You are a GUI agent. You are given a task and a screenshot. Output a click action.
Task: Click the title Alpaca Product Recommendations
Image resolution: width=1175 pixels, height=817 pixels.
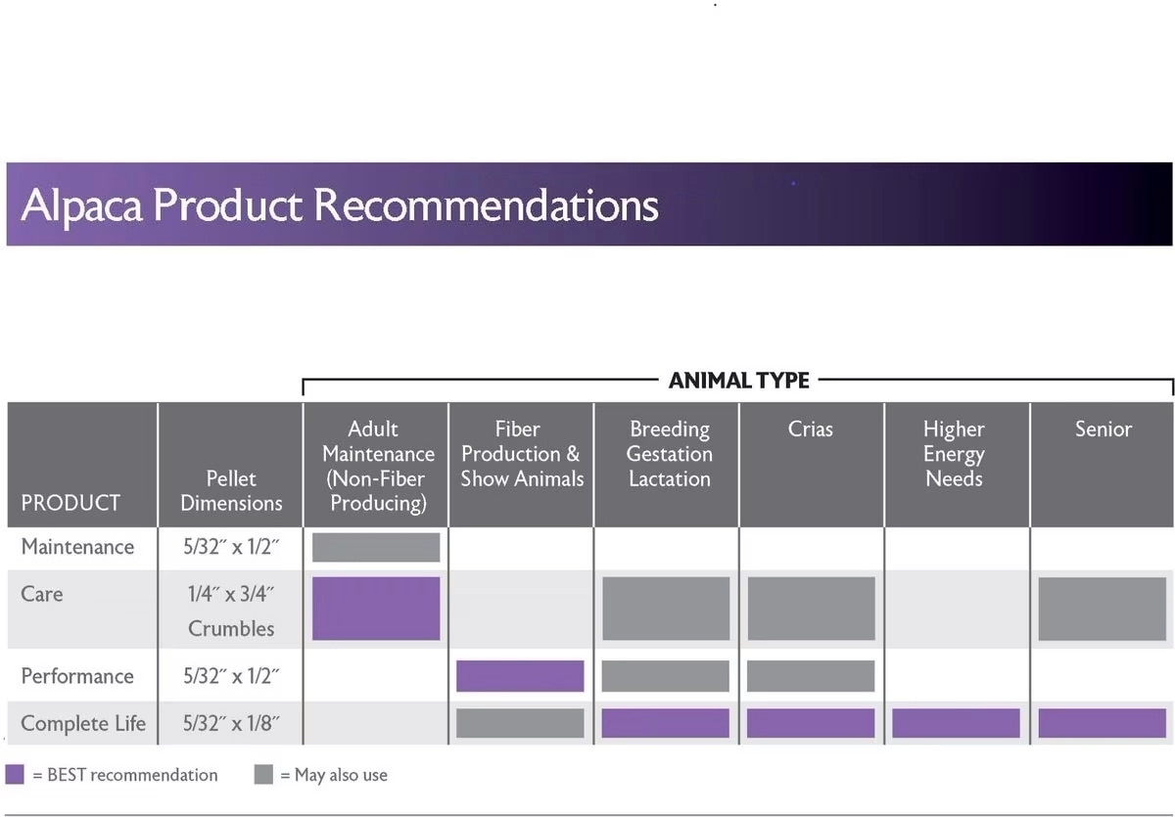click(x=340, y=205)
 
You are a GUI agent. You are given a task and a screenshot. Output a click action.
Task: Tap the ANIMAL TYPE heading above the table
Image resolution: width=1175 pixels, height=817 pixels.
click(x=738, y=381)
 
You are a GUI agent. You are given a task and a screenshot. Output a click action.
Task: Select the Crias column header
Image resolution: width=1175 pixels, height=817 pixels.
click(x=810, y=430)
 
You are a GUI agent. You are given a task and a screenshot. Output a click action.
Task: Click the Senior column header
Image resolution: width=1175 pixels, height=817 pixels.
click(x=1104, y=430)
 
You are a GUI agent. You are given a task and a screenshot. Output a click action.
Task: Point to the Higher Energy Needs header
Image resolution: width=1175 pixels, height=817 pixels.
click(x=954, y=454)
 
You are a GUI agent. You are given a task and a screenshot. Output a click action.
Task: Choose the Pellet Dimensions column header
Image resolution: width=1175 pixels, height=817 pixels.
click(x=231, y=490)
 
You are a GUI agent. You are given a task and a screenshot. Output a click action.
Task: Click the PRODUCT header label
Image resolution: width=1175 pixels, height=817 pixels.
click(x=70, y=503)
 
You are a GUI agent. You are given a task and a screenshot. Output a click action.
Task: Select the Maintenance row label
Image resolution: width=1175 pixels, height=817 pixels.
click(x=77, y=547)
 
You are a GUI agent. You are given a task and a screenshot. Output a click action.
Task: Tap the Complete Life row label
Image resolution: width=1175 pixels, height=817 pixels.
click(x=83, y=723)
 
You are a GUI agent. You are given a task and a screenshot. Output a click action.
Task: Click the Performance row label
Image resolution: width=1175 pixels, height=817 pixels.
click(x=77, y=676)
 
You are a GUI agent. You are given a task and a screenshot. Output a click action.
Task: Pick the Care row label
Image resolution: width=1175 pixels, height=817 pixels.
click(x=42, y=594)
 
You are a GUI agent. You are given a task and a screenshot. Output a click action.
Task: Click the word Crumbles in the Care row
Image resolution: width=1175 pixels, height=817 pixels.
click(x=231, y=629)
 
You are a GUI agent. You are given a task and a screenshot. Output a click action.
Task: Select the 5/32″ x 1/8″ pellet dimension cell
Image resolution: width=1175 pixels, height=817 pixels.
click(x=231, y=723)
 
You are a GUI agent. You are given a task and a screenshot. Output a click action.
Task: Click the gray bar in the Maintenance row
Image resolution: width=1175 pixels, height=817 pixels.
click(x=376, y=547)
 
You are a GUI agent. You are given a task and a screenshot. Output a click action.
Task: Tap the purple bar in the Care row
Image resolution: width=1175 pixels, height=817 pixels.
click(x=376, y=609)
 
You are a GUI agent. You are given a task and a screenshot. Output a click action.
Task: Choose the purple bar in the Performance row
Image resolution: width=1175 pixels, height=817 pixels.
click(x=520, y=676)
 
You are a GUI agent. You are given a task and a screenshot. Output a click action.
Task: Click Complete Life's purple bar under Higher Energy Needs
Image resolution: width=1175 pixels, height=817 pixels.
click(x=956, y=723)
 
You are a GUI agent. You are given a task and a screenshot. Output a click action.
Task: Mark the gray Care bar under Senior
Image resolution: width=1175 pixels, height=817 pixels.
click(x=1103, y=609)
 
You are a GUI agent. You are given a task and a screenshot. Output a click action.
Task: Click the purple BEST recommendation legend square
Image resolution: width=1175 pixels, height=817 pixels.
click(x=15, y=774)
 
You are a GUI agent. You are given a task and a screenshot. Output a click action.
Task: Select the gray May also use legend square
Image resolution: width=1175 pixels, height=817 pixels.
click(x=263, y=774)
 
